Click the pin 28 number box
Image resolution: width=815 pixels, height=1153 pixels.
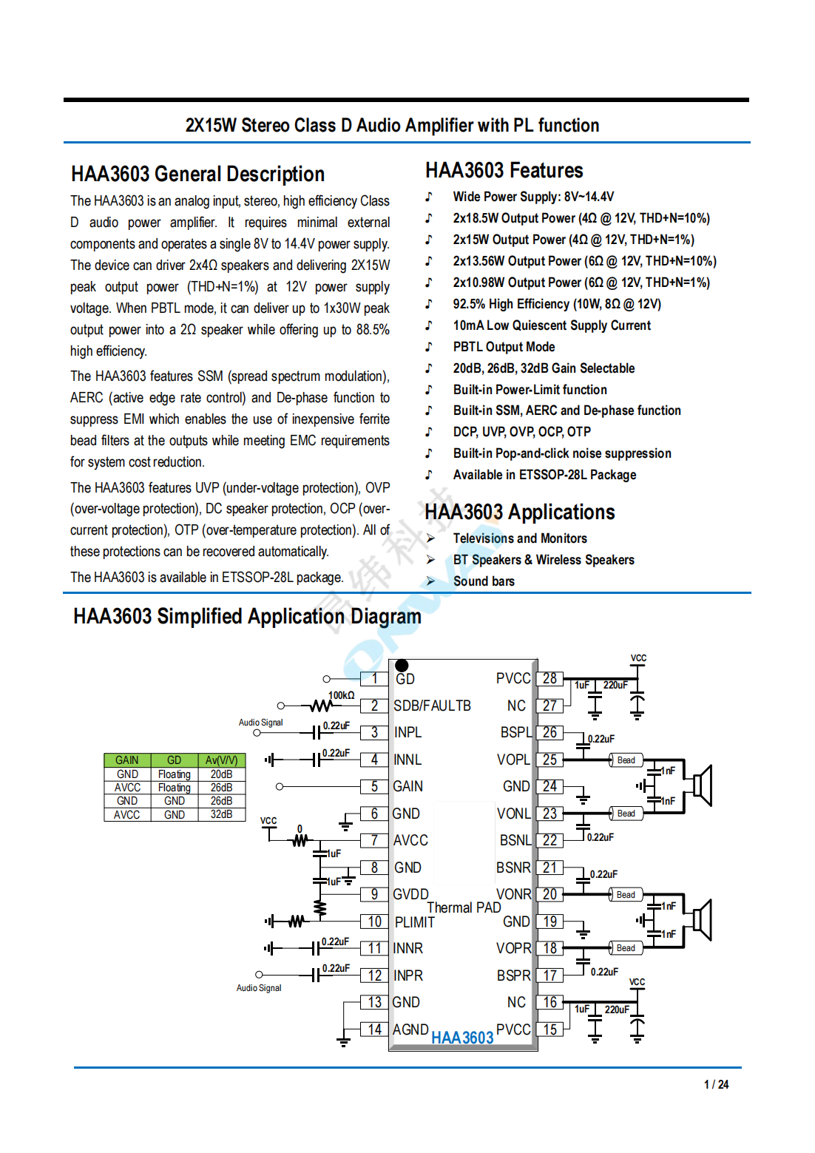tap(549, 678)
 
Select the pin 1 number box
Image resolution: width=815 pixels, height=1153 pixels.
tap(374, 678)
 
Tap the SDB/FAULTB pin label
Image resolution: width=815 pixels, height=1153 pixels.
tap(432, 706)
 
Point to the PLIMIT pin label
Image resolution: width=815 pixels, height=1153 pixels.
tap(414, 922)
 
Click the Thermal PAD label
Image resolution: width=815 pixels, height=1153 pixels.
tap(464, 907)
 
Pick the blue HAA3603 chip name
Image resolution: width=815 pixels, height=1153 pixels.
tap(462, 1038)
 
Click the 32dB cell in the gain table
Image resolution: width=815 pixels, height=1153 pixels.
tap(221, 814)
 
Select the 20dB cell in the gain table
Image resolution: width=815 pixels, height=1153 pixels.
tap(221, 774)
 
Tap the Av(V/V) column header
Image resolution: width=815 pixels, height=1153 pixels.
tap(221, 760)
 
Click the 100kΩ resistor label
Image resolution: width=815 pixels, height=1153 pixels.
tap(341, 695)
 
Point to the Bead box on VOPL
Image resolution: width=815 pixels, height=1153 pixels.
tap(626, 760)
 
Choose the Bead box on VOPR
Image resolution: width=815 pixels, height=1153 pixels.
tap(626, 948)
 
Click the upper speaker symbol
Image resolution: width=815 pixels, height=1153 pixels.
tap(702, 785)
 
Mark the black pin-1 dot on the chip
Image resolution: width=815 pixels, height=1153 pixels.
tap(402, 665)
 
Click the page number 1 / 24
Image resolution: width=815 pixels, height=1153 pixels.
tap(716, 1084)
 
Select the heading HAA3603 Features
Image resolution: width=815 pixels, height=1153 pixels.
tap(504, 171)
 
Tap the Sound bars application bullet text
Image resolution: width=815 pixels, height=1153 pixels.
tap(484, 581)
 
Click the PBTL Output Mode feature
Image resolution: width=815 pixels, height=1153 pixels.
tap(504, 347)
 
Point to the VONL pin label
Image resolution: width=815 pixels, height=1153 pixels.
tap(513, 814)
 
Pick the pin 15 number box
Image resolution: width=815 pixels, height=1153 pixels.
tap(549, 1029)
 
